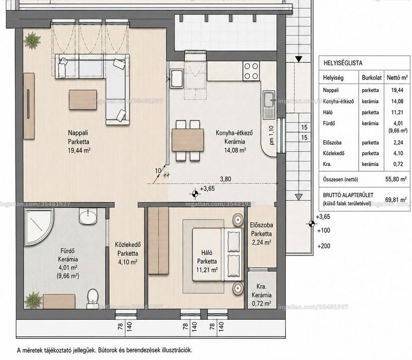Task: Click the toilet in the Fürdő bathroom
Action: click(x=92, y=298)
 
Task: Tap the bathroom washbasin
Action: click(x=88, y=216)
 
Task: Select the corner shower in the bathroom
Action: click(x=39, y=227)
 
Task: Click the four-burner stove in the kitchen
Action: click(x=251, y=71)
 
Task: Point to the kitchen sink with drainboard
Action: click(x=269, y=105)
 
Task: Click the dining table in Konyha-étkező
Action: click(x=188, y=140)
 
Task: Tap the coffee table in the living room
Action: click(x=83, y=99)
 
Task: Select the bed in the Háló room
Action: click(x=217, y=254)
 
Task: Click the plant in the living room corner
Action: click(x=32, y=40)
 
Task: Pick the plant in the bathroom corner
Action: click(x=33, y=300)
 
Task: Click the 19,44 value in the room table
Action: click(x=397, y=90)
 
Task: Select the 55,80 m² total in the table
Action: click(x=396, y=179)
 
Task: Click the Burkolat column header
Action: click(x=371, y=78)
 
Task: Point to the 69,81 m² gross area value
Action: click(x=396, y=200)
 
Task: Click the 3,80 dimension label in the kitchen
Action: click(x=226, y=179)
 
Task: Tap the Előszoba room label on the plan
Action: click(x=261, y=225)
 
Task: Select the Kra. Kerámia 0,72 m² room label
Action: click(x=262, y=295)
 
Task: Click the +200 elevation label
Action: click(x=324, y=246)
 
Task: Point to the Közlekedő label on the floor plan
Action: click(x=128, y=245)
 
